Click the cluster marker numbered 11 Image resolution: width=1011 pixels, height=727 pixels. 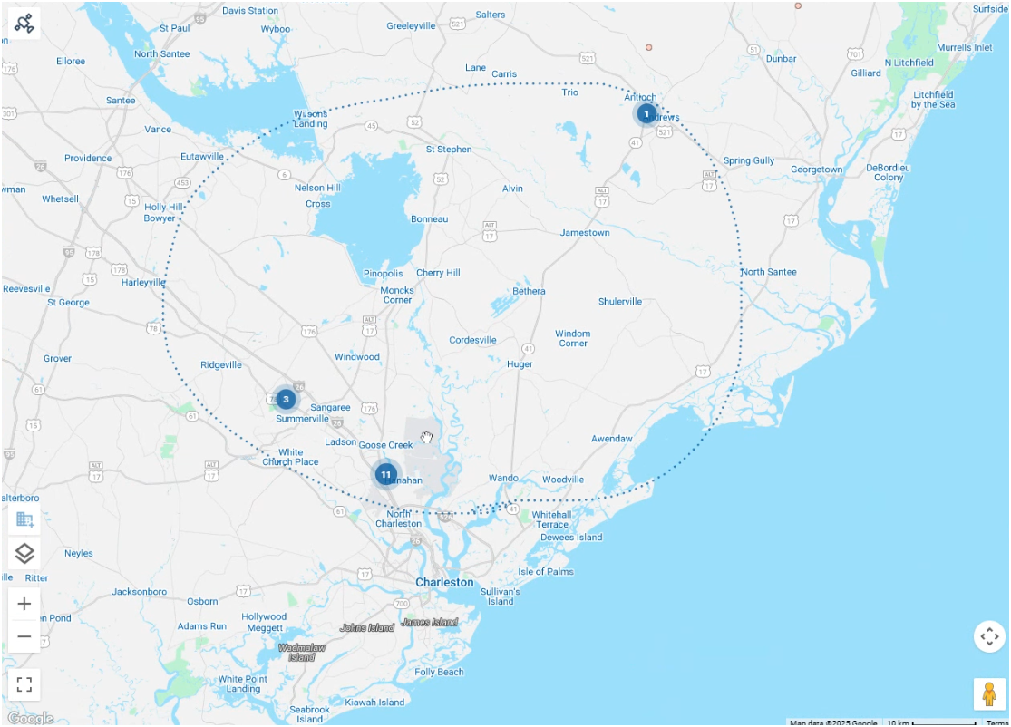pyautogui.click(x=386, y=474)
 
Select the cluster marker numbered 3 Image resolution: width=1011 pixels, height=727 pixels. pyautogui.click(x=286, y=399)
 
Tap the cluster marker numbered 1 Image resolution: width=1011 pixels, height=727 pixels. pyautogui.click(x=646, y=113)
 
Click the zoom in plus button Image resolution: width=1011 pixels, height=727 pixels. pyautogui.click(x=24, y=604)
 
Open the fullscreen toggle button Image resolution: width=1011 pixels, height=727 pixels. pyautogui.click(x=24, y=684)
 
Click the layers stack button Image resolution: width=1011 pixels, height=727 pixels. pyautogui.click(x=24, y=553)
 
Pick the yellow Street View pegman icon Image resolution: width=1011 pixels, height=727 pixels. pyautogui.click(x=989, y=694)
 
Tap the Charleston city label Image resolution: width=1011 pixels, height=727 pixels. pyautogui.click(x=444, y=582)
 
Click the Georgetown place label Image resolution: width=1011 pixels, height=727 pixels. pyautogui.click(x=816, y=170)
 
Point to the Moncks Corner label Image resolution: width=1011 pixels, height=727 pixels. pyautogui.click(x=397, y=295)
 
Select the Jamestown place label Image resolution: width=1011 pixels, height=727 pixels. pyautogui.click(x=585, y=233)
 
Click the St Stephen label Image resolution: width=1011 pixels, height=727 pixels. pyautogui.click(x=449, y=150)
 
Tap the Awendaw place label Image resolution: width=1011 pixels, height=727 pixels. pyautogui.click(x=612, y=439)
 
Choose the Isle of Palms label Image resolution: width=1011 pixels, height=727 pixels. pyautogui.click(x=546, y=572)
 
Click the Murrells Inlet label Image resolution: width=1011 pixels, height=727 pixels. pyautogui.click(x=965, y=48)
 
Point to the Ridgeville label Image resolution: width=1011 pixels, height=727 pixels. pyautogui.click(x=221, y=365)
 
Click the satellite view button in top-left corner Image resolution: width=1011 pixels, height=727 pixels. pyautogui.click(x=24, y=24)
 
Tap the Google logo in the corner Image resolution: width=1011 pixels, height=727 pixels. pyautogui.click(x=30, y=718)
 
